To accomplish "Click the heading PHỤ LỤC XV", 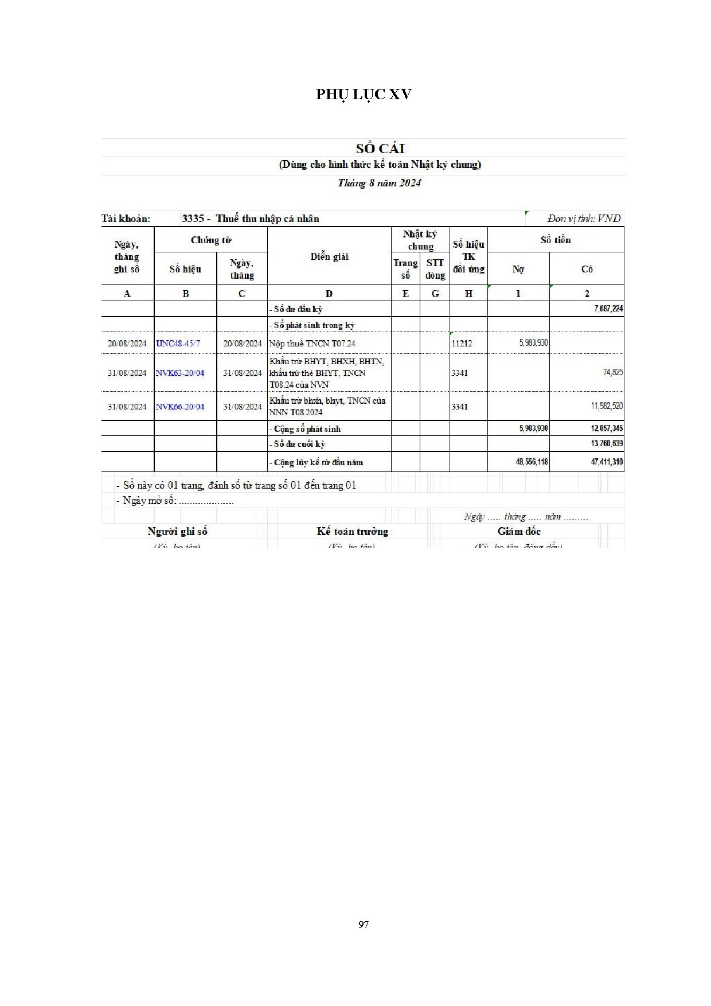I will tap(364, 95).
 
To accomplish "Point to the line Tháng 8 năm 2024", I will tap(379, 183).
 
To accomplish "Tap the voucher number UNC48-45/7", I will tap(178, 344).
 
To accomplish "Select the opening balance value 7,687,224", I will tap(608, 309).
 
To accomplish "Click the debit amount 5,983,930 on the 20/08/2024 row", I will tap(533, 343).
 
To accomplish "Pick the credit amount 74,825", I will tap(613, 372).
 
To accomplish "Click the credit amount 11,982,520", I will tap(607, 406).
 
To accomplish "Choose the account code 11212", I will tap(462, 344).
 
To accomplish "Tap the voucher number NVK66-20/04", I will tap(180, 407).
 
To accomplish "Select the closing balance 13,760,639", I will tap(607, 443).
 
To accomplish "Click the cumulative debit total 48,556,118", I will tap(532, 462).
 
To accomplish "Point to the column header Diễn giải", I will tap(329, 257).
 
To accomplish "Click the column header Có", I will tap(587, 269).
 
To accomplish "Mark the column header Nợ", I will tap(518, 269).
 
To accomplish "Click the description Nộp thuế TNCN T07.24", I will tap(312, 344).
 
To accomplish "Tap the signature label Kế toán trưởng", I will tap(352, 532).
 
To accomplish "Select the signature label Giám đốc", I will tap(519, 532).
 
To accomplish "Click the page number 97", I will tap(363, 925).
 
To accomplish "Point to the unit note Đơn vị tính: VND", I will tap(584, 219).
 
